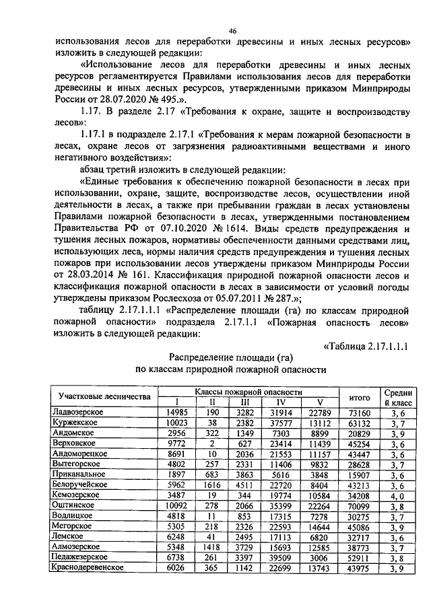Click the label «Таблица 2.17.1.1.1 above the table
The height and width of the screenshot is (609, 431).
click(x=369, y=347)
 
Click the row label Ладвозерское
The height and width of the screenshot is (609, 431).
click(x=78, y=412)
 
